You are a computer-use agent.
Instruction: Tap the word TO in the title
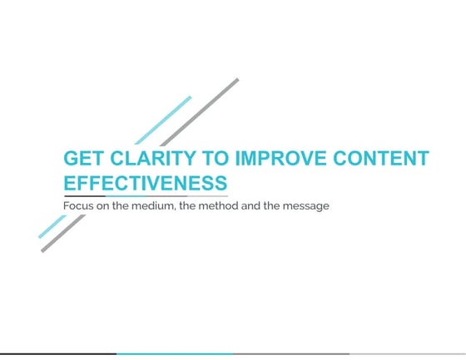click(219, 159)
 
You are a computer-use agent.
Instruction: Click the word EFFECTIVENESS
click(146, 183)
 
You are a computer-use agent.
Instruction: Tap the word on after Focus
click(105, 205)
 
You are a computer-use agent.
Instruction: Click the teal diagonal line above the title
click(163, 120)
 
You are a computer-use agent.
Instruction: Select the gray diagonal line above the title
click(200, 111)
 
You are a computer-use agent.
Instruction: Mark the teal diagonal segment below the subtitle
click(52, 226)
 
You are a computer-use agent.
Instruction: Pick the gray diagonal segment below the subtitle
click(62, 234)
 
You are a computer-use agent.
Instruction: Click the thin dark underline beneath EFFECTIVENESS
click(146, 196)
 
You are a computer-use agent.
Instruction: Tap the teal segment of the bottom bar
click(175, 353)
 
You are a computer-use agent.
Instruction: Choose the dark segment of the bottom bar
click(58, 353)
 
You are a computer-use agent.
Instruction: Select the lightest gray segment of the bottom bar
click(408, 353)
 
